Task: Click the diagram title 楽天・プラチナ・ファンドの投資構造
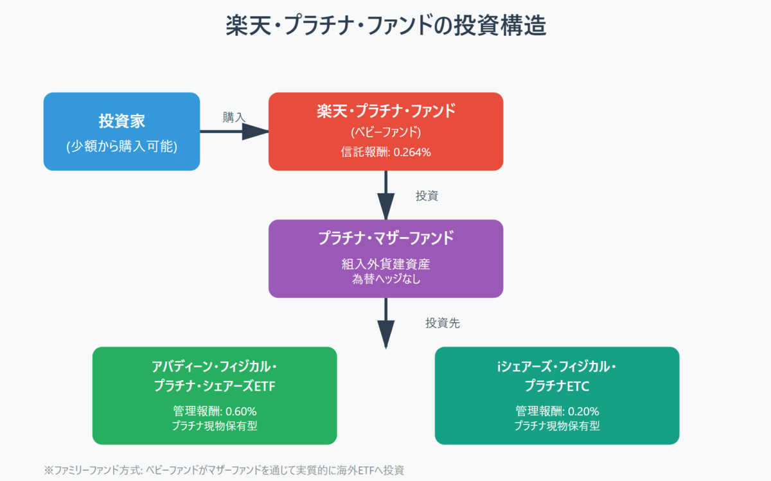(x=385, y=27)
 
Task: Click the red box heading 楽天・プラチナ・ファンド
(x=385, y=111)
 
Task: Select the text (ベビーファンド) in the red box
(x=385, y=132)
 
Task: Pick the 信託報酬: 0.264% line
(x=385, y=152)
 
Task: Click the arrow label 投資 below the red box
(x=427, y=196)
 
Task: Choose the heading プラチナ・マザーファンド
(x=385, y=238)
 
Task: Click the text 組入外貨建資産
(x=385, y=265)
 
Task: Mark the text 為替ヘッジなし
(x=385, y=279)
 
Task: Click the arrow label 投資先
(x=442, y=323)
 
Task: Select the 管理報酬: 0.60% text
(x=215, y=411)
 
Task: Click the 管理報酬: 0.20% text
(x=557, y=411)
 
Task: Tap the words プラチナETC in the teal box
(x=557, y=386)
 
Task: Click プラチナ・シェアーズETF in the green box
(x=215, y=386)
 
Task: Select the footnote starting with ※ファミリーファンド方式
(x=224, y=470)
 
